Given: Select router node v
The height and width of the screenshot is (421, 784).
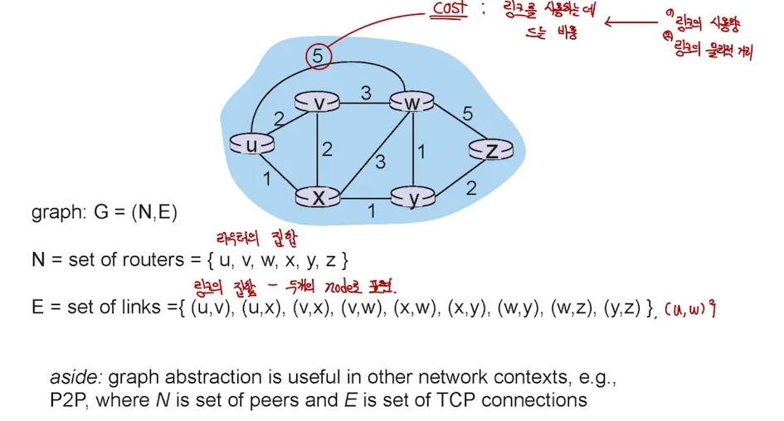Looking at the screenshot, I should click(319, 102).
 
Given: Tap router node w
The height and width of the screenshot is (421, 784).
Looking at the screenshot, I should click(412, 102).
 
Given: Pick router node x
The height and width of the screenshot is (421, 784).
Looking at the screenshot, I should click(319, 196).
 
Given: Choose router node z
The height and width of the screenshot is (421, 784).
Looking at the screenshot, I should click(492, 150).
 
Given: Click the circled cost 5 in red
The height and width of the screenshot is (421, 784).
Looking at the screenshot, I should click(318, 56).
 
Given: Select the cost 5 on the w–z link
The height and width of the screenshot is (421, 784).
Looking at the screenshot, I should click(467, 114).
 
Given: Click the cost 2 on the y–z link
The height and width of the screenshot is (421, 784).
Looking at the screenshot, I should click(470, 189).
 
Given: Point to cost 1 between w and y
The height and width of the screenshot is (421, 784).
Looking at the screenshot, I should click(421, 152).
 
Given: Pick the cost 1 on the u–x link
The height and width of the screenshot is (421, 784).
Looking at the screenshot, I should click(266, 177).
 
